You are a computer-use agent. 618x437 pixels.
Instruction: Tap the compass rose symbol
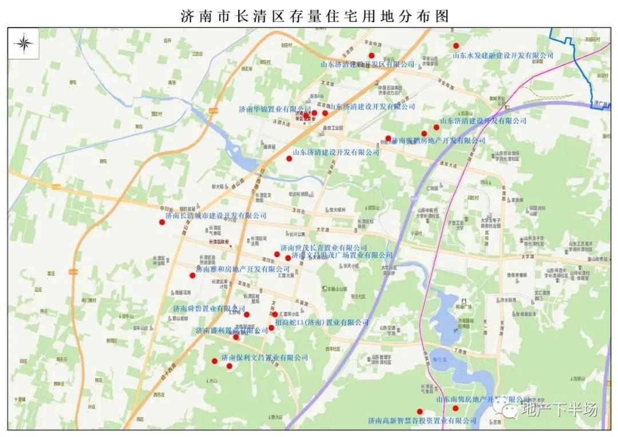[24, 44]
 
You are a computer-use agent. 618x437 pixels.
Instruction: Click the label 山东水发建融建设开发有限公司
[503, 56]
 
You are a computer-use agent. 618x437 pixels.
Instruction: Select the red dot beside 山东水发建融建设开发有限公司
[456, 45]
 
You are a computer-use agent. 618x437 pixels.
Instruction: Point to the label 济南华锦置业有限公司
[275, 108]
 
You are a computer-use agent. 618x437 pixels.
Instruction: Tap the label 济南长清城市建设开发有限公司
[216, 215]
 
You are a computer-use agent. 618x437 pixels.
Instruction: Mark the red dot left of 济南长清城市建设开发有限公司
[162, 222]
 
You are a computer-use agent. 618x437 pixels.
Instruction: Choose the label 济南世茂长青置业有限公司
[323, 247]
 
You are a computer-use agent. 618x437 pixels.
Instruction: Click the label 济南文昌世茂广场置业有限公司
[342, 255]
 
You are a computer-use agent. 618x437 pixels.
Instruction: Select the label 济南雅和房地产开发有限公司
[243, 269]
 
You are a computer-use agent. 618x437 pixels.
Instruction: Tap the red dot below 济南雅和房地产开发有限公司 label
[193, 275]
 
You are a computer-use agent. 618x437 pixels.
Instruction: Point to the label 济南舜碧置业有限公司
[209, 309]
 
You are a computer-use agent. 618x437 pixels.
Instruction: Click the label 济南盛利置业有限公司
[231, 330]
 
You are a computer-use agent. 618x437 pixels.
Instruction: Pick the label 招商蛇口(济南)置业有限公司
[322, 322]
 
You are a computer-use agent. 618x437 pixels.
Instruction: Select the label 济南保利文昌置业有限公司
[264, 357]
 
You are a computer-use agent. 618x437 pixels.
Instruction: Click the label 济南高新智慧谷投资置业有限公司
[422, 421]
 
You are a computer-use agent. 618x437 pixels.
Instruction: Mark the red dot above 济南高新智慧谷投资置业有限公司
[419, 411]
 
